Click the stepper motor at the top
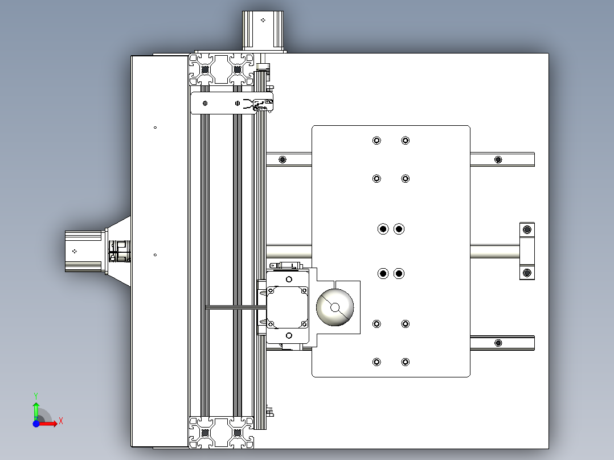click(263, 30)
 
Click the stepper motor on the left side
click(84, 251)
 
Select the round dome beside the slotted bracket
click(335, 307)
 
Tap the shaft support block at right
click(527, 251)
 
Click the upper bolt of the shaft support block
click(527, 229)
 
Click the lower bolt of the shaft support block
click(527, 273)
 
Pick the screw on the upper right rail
click(499, 159)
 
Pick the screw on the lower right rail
click(499, 343)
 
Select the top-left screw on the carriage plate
click(376, 141)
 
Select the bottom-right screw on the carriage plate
click(405, 362)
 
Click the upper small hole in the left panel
click(155, 128)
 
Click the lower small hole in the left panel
click(155, 255)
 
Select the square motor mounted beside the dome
click(288, 307)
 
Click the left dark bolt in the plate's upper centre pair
click(383, 229)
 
